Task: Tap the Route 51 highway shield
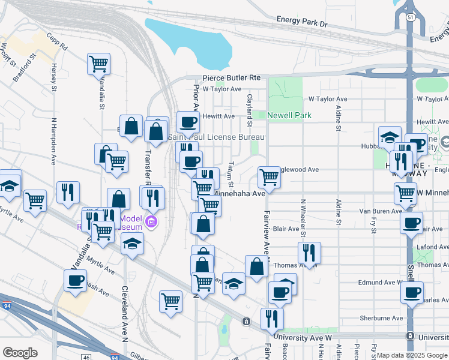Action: [410, 18]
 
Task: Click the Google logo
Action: [20, 353]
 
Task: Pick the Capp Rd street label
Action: [58, 41]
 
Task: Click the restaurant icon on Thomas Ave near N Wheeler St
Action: [309, 253]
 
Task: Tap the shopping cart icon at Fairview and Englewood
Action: [269, 178]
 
